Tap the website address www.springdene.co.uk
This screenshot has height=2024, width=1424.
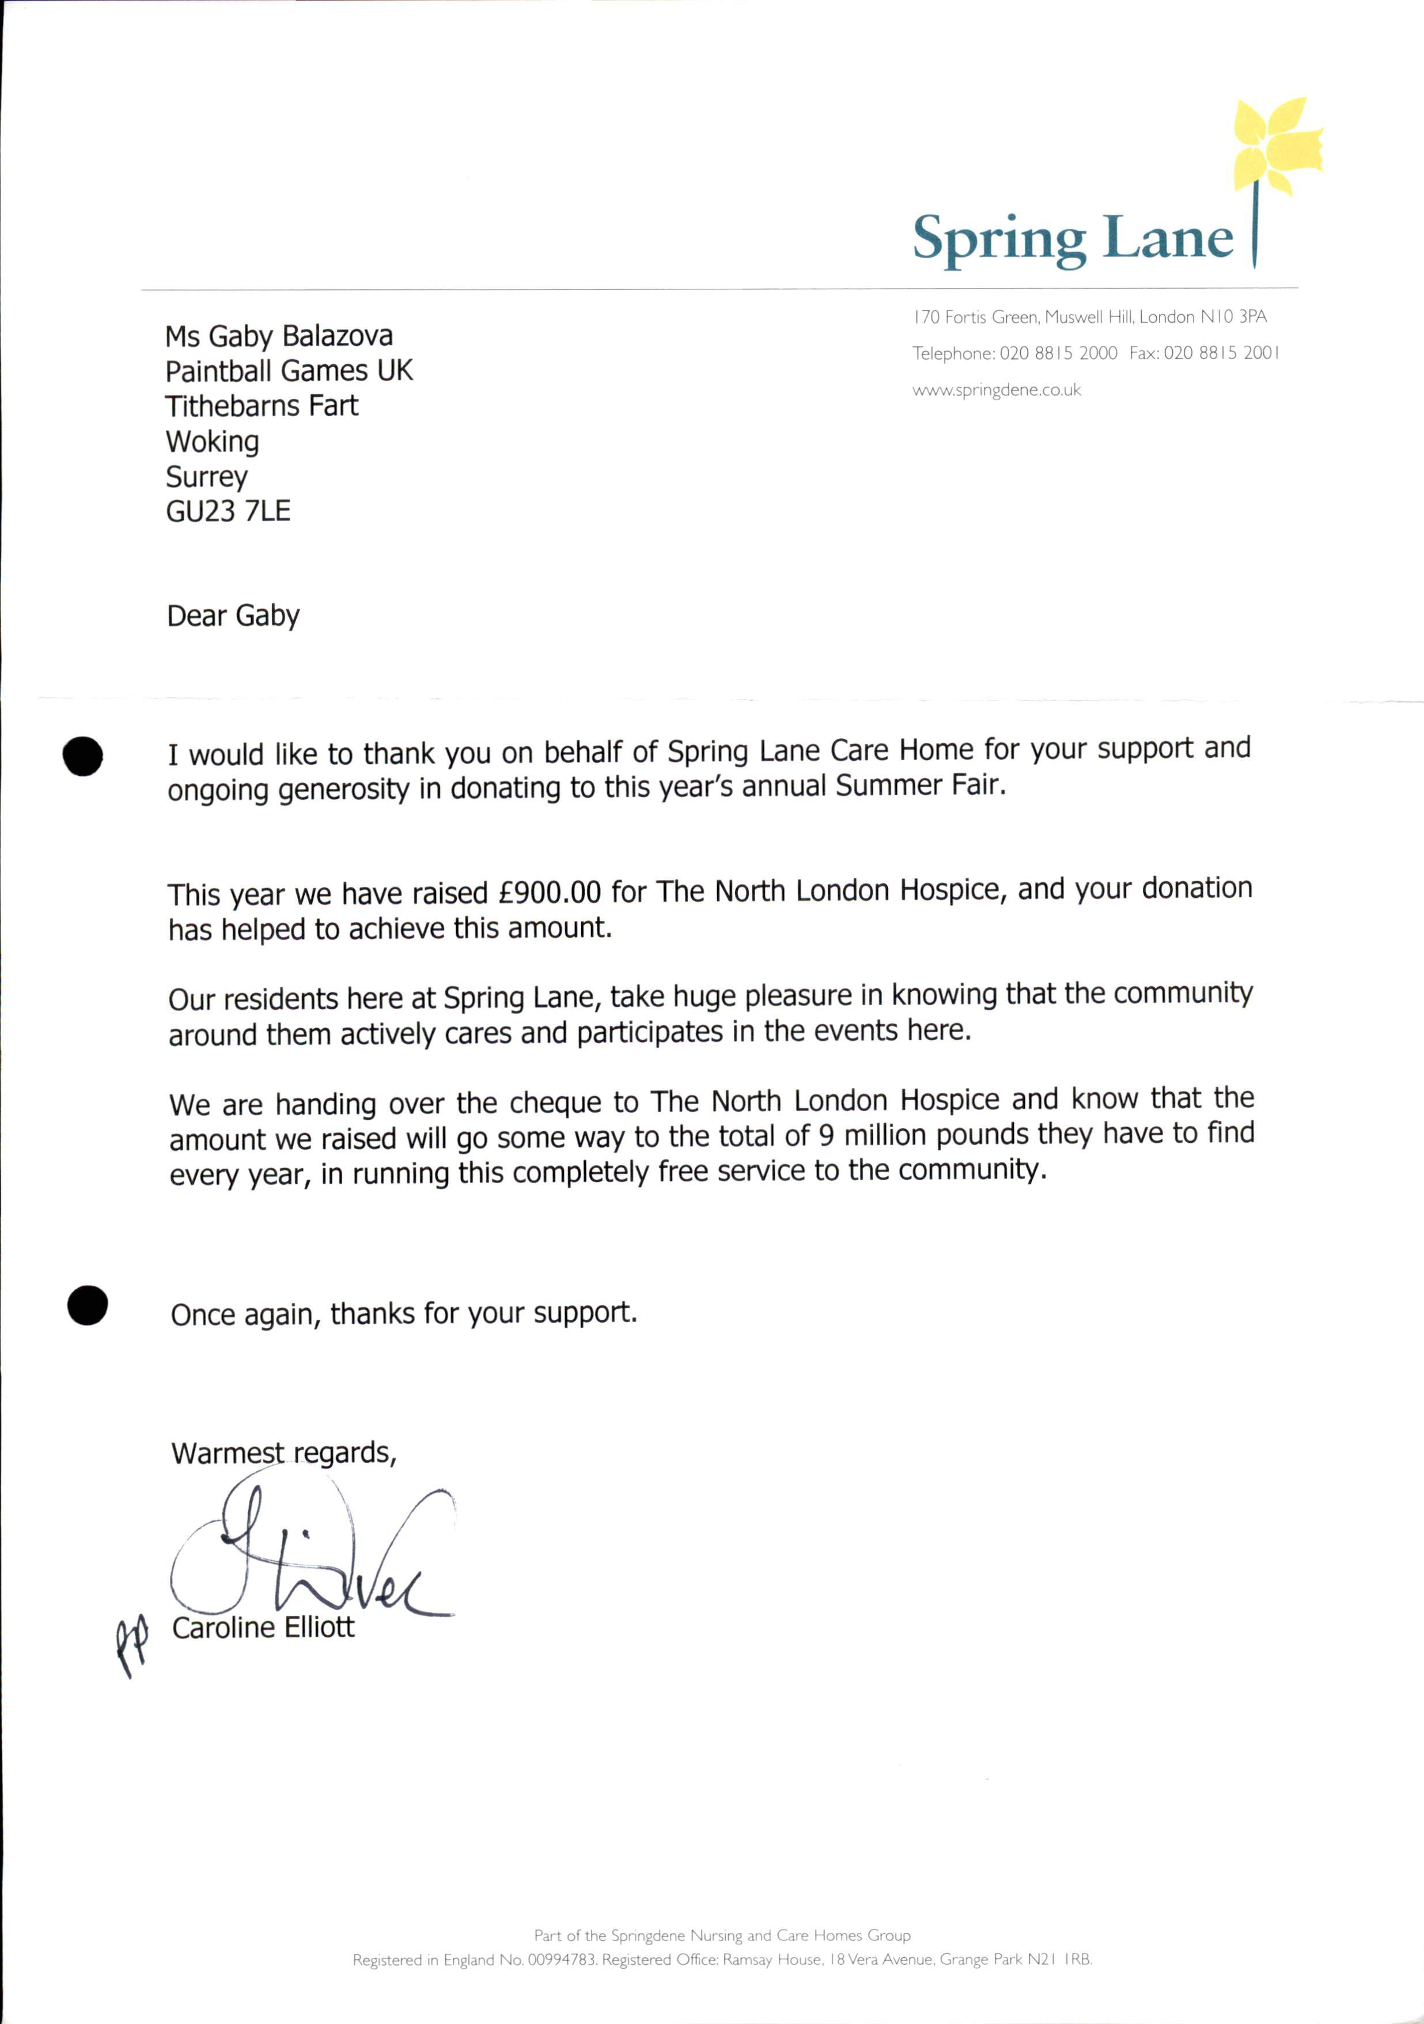click(996, 390)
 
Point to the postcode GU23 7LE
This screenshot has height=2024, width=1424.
click(228, 511)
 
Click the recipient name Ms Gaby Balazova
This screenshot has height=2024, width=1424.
click(278, 336)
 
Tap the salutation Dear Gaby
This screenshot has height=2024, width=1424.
click(233, 615)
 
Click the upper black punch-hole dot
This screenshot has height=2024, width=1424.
click(83, 756)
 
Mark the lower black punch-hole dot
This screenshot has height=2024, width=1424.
click(87, 1305)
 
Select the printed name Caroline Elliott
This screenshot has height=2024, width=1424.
click(263, 1627)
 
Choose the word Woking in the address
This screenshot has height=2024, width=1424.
click(213, 441)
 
